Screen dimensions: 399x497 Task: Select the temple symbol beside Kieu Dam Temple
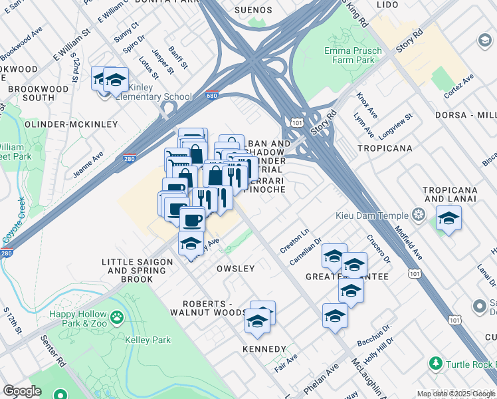pyautogui.click(x=419, y=214)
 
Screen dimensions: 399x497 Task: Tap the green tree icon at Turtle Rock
pyautogui.click(x=436, y=364)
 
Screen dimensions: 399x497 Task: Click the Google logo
pyautogui.click(x=23, y=390)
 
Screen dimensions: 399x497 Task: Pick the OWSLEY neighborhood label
pyautogui.click(x=235, y=269)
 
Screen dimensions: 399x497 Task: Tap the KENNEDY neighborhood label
pyautogui.click(x=264, y=349)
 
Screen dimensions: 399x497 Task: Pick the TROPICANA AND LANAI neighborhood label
pyautogui.click(x=450, y=194)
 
